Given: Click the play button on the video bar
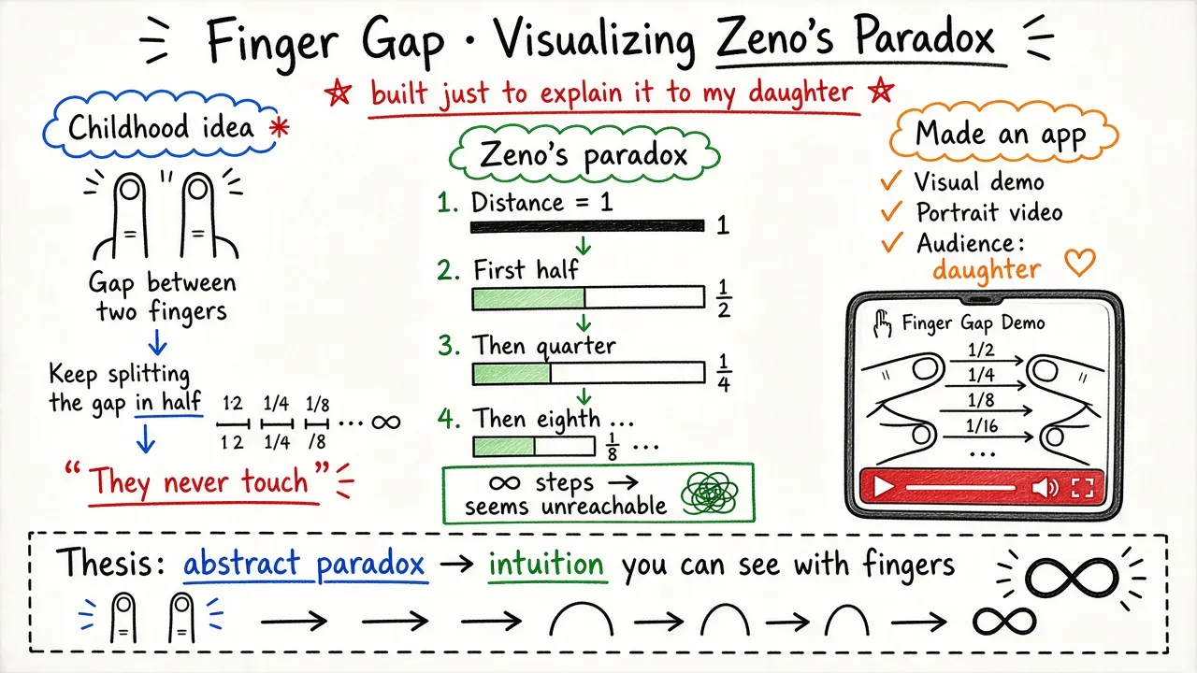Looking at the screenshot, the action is pyautogui.click(x=883, y=487).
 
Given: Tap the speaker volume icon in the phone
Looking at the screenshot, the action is pyautogui.click(x=1045, y=487).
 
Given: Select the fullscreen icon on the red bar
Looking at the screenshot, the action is pyautogui.click(x=1082, y=487).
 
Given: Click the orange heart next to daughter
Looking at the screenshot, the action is pyautogui.click(x=1079, y=263).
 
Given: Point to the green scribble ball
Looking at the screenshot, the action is pyautogui.click(x=710, y=494).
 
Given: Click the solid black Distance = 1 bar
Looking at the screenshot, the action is pyautogui.click(x=587, y=226).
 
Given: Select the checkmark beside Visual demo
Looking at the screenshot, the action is pyautogui.click(x=891, y=180).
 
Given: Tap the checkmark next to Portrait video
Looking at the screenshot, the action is pyautogui.click(x=891, y=211).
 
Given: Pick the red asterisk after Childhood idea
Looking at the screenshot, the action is pyautogui.click(x=279, y=128).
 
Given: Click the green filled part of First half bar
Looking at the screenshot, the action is pyautogui.click(x=528, y=298).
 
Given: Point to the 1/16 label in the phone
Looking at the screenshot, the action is pyautogui.click(x=982, y=425).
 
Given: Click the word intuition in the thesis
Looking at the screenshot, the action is pyautogui.click(x=546, y=564).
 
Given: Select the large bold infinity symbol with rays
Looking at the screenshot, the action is pyautogui.click(x=1071, y=578).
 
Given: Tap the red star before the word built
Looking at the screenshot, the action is pyautogui.click(x=339, y=93).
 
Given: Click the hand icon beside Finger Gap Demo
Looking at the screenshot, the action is pyautogui.click(x=882, y=324).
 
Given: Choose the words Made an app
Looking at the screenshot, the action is pyautogui.click(x=1001, y=134).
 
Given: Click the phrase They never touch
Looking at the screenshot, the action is pyautogui.click(x=199, y=481).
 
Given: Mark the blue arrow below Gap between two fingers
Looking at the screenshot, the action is pyautogui.click(x=158, y=342).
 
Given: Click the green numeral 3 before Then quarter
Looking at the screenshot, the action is pyautogui.click(x=448, y=345).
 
